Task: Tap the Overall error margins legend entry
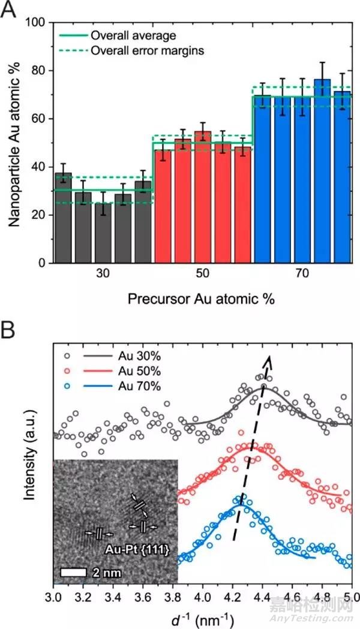click(147, 50)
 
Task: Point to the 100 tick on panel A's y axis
click(38, 23)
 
